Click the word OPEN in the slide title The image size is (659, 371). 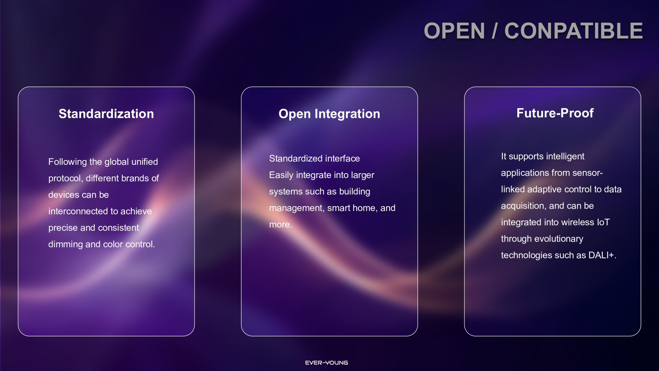point(454,31)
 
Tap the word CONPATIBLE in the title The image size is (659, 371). point(574,31)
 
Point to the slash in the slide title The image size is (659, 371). point(495,31)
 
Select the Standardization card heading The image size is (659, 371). point(106,114)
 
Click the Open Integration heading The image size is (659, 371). point(329,114)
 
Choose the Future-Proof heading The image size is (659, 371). point(555,113)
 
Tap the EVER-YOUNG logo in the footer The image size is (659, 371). point(326,363)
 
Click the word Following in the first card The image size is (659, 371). point(68,162)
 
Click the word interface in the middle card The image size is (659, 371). point(343,158)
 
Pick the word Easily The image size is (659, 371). point(281,175)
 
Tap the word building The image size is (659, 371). point(355,192)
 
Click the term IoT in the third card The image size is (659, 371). point(603,222)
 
